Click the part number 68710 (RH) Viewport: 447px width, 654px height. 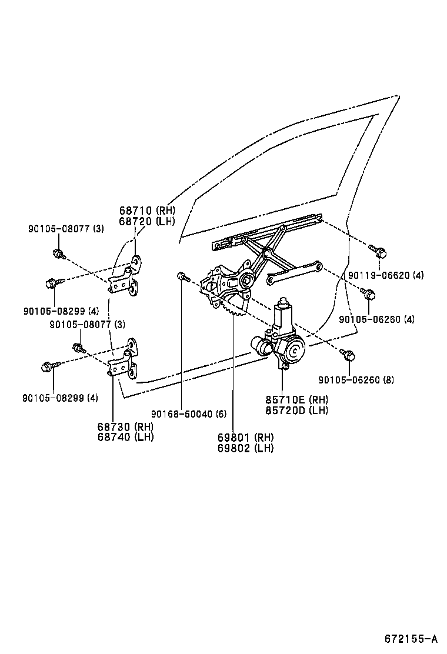(x=147, y=211)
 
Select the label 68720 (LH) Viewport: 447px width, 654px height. (x=147, y=221)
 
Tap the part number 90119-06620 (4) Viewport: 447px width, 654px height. (x=385, y=275)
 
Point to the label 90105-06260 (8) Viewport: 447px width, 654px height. (x=356, y=380)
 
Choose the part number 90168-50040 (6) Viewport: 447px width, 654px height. (x=188, y=413)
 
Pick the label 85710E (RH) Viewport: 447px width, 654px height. (x=296, y=400)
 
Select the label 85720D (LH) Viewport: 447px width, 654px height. (x=296, y=411)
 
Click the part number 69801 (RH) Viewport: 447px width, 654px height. (x=246, y=437)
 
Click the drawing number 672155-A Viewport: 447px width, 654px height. (x=411, y=639)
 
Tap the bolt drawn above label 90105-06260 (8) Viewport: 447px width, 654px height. (x=347, y=354)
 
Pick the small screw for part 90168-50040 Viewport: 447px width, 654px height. (x=182, y=276)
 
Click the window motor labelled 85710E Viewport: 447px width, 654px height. (x=282, y=341)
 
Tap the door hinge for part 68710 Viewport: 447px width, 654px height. (x=127, y=276)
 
